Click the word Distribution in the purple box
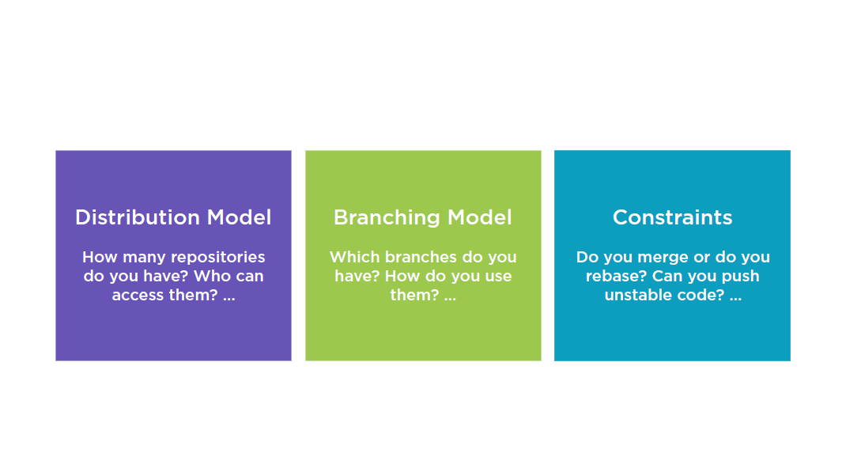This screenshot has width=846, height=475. (x=138, y=217)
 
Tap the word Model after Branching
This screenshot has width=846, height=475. (x=480, y=217)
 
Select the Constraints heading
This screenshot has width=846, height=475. (x=672, y=217)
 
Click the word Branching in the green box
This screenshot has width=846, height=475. (x=387, y=218)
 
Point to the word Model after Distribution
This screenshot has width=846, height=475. (x=239, y=217)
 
